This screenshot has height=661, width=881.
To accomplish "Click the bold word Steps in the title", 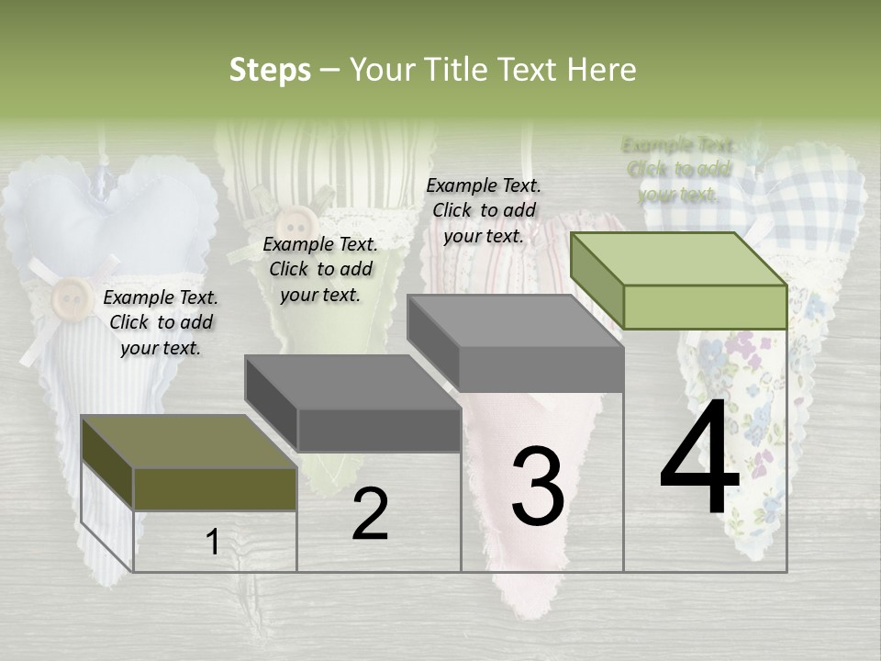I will pos(270,70).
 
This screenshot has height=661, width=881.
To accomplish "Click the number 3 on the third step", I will pos(538,486).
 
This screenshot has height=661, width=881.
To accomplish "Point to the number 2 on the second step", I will pos(370,514).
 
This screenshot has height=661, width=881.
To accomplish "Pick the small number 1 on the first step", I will pos(212,543).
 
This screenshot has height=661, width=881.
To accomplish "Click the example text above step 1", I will pos(161,322).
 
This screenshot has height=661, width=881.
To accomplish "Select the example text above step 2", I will pos(320,269).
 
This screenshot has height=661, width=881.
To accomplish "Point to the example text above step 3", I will pos(484,210).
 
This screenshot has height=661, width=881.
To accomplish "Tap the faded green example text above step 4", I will pos(678,169).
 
